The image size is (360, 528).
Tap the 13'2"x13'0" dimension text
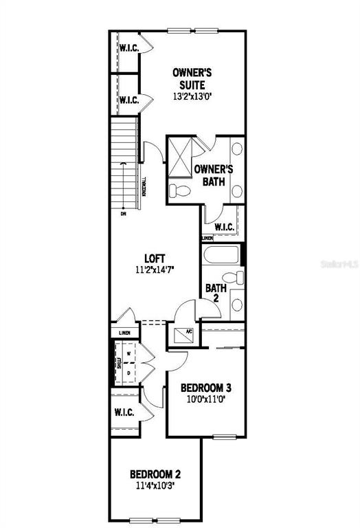coord(192,97)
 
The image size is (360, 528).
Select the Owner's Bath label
coord(214,175)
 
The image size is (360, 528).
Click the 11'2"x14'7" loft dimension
coord(155,269)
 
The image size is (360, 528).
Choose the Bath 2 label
coord(212,294)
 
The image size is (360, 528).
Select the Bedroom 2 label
coord(155,474)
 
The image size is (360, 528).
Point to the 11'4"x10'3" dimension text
coord(155,485)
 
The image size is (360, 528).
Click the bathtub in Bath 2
coord(221,256)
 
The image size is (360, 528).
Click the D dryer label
coord(128,373)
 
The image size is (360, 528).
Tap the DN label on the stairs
coord(124,214)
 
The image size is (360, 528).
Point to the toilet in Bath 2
coord(235,278)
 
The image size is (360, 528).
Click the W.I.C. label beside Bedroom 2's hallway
coord(124,412)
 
